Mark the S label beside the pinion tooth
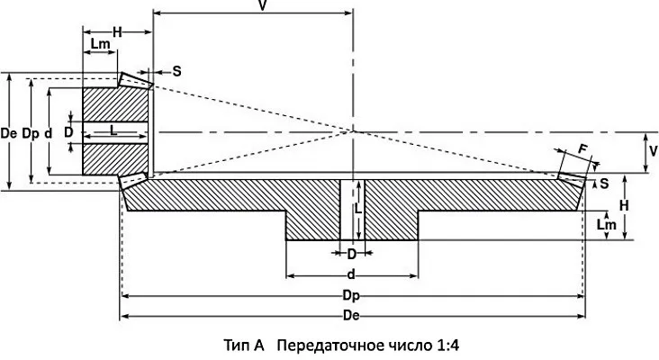point(176,70)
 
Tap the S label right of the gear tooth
point(603,183)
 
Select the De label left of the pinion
point(10,132)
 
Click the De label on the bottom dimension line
point(353,315)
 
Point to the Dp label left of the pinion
point(31,132)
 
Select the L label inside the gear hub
point(357,207)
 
